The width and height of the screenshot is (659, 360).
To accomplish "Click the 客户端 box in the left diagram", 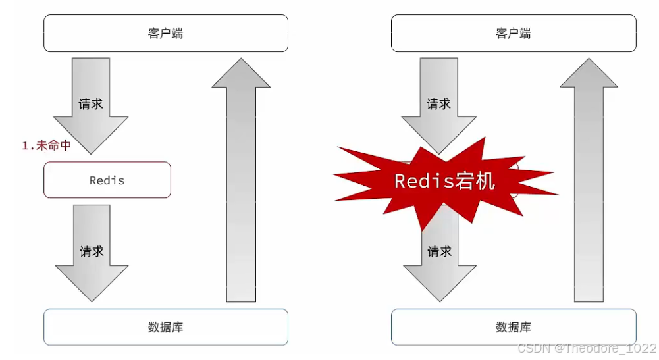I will (165, 33).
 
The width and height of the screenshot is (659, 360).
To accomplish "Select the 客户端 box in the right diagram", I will (514, 33).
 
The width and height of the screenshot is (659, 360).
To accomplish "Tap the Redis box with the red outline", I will (107, 180).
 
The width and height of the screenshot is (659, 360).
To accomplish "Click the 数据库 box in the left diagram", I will (165, 327).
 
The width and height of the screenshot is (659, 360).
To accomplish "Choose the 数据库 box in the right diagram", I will (514, 327).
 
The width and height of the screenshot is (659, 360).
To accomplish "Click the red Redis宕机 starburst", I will (445, 181).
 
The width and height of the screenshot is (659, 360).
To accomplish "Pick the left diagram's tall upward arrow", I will (241, 191).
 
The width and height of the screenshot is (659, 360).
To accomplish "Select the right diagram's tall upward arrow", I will (589, 191).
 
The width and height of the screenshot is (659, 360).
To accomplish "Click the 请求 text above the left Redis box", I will (91, 104).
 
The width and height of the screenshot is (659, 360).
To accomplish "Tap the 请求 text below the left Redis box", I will (92, 252).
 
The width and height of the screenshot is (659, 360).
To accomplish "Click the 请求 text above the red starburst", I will (439, 104).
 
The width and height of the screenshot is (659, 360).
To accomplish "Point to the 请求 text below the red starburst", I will (439, 252).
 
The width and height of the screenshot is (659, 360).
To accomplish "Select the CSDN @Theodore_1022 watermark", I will (587, 347).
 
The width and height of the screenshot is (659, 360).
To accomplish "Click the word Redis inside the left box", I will (107, 180).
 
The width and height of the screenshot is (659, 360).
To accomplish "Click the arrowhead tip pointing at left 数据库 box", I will (92, 301).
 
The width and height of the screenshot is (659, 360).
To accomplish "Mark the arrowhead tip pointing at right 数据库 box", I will (439, 301).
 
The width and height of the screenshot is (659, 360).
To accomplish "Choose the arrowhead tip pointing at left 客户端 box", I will (241, 59).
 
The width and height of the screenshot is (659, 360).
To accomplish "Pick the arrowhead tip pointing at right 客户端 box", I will (589, 59).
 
